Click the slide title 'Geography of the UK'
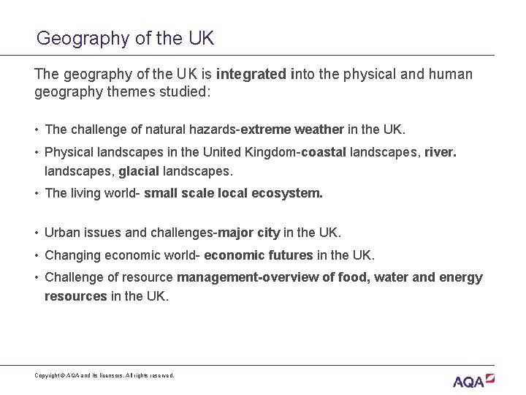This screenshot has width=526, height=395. point(125,38)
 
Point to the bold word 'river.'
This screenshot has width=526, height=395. point(441,152)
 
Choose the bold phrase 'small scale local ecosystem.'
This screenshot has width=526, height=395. point(233,194)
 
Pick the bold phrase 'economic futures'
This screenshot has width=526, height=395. point(259,255)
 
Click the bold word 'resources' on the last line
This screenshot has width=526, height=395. point(75,296)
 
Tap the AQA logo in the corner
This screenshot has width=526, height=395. point(473,380)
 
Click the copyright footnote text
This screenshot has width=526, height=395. point(104,375)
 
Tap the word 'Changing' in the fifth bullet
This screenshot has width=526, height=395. point(72,255)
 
